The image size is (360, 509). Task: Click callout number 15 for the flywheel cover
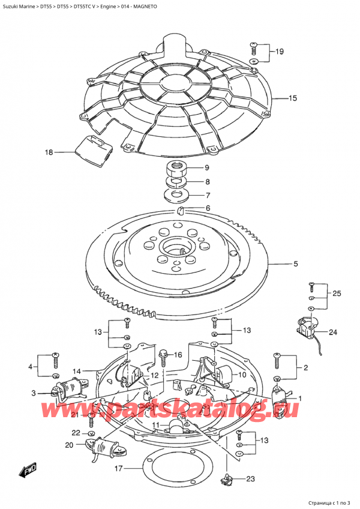[293, 98]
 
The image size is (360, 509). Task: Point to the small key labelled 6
[179, 209]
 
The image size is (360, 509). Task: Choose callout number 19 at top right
[280, 52]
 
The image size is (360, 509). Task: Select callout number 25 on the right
[337, 293]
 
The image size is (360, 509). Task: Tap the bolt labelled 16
[163, 357]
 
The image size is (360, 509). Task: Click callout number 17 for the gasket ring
[118, 469]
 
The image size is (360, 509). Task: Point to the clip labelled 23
[227, 479]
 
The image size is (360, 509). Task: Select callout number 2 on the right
[306, 367]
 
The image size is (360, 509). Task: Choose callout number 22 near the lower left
[76, 433]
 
